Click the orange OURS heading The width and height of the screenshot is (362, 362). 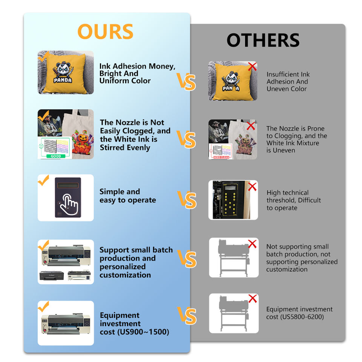105,32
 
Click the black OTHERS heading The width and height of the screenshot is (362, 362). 263,40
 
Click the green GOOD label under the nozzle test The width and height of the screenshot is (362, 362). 56,156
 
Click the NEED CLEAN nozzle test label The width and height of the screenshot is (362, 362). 221,157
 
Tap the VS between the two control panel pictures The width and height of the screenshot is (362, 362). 187,199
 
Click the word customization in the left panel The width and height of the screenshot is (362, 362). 125,275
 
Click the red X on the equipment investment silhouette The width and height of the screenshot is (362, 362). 252,299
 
